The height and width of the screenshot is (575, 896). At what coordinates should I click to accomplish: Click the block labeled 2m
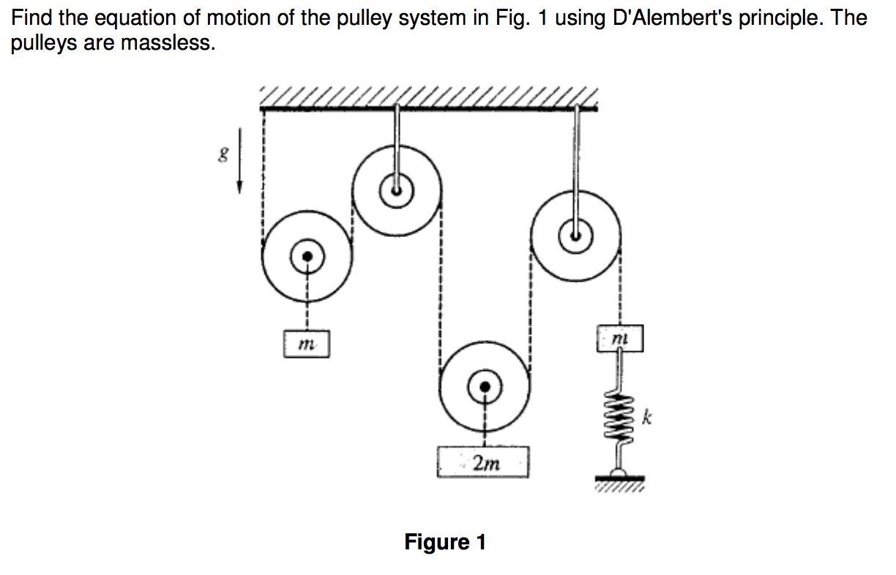click(x=482, y=462)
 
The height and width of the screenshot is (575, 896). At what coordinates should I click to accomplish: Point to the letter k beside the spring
click(x=646, y=418)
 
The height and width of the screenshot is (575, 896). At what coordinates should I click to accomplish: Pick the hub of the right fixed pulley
click(x=575, y=236)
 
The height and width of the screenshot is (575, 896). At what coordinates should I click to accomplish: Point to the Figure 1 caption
click(x=445, y=542)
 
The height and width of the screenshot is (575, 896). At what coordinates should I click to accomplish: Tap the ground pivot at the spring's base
click(x=619, y=474)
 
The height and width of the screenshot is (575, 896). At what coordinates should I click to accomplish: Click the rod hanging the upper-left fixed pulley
click(x=396, y=139)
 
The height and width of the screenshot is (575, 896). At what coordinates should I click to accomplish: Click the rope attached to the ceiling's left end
click(x=263, y=176)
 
